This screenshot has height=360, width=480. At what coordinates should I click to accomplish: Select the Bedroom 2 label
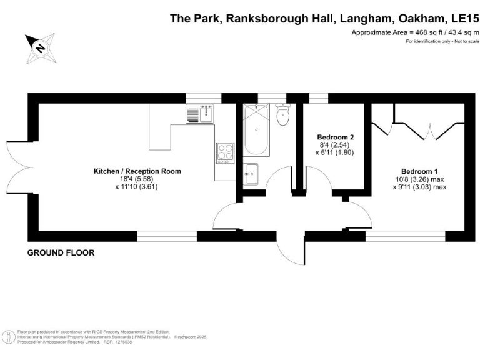tap(336, 137)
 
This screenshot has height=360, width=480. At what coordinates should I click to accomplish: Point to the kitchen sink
tap(200, 113)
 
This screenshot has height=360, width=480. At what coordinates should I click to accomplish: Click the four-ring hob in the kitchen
tap(225, 152)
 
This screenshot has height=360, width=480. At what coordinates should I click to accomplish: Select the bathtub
tap(256, 131)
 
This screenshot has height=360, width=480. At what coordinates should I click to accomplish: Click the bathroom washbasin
tap(251, 173)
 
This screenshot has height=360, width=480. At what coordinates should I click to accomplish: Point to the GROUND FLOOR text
tap(61, 253)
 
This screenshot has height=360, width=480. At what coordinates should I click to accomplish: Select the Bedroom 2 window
tap(319, 97)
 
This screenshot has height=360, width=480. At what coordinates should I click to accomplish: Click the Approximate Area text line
tap(415, 32)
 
